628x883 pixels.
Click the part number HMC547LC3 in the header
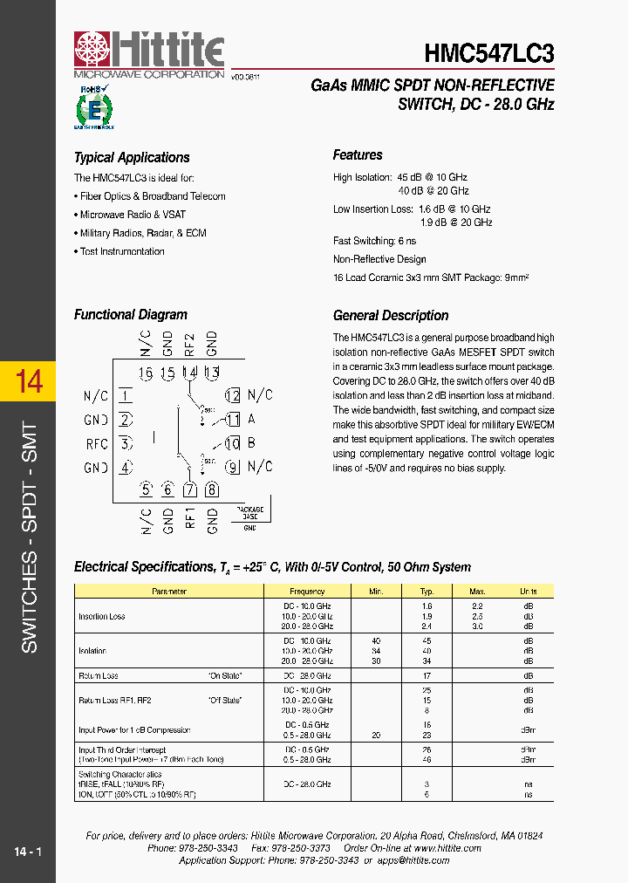click(488, 54)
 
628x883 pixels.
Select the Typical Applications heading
click(132, 158)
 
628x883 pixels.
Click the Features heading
click(358, 155)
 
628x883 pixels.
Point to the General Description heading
click(391, 316)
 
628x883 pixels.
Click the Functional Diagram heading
click(131, 315)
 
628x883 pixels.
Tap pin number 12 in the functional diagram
click(232, 395)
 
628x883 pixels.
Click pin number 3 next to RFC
click(126, 443)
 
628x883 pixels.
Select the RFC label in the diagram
click(97, 443)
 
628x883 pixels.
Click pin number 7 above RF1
click(190, 489)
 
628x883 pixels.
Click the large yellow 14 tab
click(29, 382)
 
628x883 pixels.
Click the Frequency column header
click(307, 592)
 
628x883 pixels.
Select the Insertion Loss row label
click(102, 616)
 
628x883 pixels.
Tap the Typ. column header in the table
click(427, 592)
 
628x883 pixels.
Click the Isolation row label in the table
click(92, 650)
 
